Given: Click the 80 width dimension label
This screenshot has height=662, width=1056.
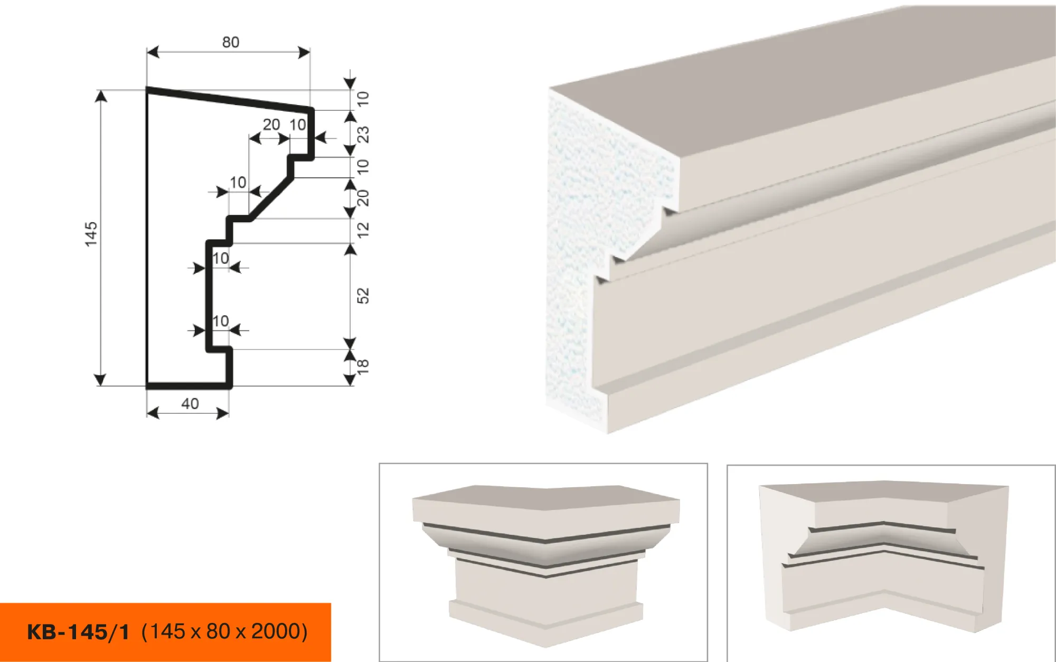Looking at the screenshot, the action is click(231, 42).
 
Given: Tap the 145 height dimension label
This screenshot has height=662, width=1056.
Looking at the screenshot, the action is click(91, 234).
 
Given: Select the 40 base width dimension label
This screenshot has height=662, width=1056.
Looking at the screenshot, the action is click(190, 404).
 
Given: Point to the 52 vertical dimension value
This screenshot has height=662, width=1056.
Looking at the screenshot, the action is click(363, 296).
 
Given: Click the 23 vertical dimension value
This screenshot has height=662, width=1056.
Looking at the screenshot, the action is click(363, 135).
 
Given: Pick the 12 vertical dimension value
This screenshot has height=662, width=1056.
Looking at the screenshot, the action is click(363, 230).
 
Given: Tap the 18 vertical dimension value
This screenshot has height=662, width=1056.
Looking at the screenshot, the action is click(363, 366).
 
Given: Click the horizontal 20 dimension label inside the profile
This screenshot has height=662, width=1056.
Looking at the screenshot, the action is click(271, 125).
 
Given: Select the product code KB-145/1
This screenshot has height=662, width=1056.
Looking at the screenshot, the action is click(78, 632).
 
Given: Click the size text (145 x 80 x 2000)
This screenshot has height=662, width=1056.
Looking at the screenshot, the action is click(224, 631).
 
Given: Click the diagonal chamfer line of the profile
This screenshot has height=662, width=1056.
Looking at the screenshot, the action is click(272, 198).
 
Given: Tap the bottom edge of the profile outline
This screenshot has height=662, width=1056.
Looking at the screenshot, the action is click(188, 386).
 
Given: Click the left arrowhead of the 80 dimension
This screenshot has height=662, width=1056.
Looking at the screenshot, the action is click(153, 52).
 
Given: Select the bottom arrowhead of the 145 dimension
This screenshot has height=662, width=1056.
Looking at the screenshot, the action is click(100, 380).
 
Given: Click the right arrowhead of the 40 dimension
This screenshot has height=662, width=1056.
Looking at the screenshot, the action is click(223, 413).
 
